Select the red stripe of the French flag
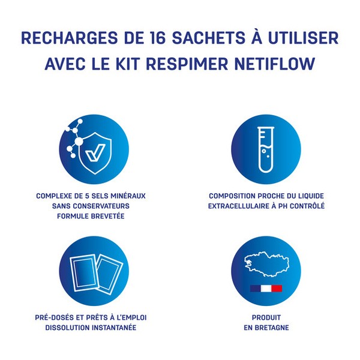click(277, 289)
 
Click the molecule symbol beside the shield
click(74, 137)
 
